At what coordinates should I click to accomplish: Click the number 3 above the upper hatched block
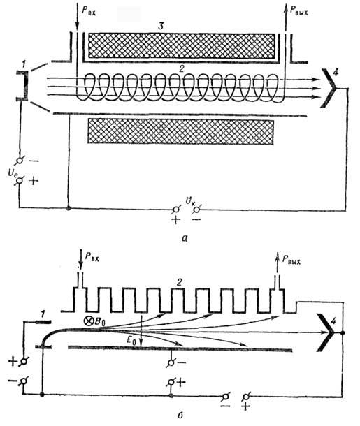(161, 27)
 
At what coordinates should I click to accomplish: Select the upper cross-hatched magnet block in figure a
(181, 46)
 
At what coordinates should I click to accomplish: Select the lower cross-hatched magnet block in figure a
(180, 131)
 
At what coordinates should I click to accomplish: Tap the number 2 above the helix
(182, 68)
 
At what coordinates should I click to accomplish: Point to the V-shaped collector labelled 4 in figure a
(329, 88)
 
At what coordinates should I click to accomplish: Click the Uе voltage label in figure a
(13, 173)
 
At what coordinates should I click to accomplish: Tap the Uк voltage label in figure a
(190, 201)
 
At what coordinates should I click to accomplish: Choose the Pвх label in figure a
(89, 10)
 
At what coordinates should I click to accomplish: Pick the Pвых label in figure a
(298, 10)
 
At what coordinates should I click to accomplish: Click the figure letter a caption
(185, 238)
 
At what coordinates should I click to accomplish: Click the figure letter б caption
(180, 416)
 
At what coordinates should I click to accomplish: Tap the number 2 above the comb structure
(179, 283)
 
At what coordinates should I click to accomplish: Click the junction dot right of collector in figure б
(343, 333)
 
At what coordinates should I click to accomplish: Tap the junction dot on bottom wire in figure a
(69, 208)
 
